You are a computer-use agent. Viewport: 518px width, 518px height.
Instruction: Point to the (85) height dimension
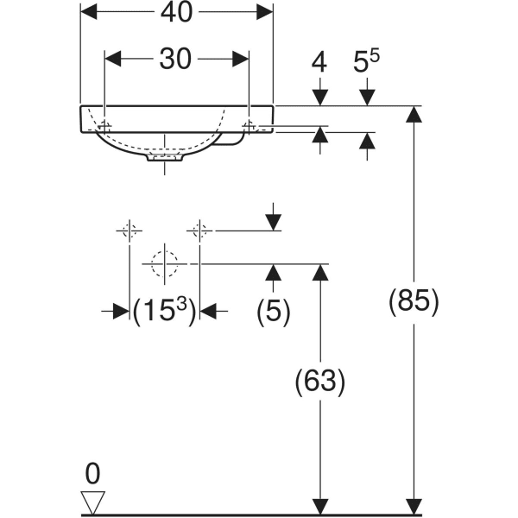click(x=415, y=302)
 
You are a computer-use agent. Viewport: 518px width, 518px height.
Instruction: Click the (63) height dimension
click(x=320, y=381)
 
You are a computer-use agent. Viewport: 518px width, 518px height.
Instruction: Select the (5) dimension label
click(x=274, y=311)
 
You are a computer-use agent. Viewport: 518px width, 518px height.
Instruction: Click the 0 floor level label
click(x=92, y=473)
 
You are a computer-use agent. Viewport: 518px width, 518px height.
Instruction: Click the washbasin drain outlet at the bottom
click(x=165, y=158)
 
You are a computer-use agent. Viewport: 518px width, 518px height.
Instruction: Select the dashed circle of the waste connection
click(x=164, y=263)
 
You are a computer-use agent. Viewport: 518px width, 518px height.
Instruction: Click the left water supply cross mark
click(x=129, y=231)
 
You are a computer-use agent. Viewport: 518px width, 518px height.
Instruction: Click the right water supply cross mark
click(x=199, y=231)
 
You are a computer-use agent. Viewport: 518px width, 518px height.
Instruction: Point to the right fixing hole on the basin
click(x=249, y=126)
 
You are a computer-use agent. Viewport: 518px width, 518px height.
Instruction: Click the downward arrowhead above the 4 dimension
click(x=320, y=97)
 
